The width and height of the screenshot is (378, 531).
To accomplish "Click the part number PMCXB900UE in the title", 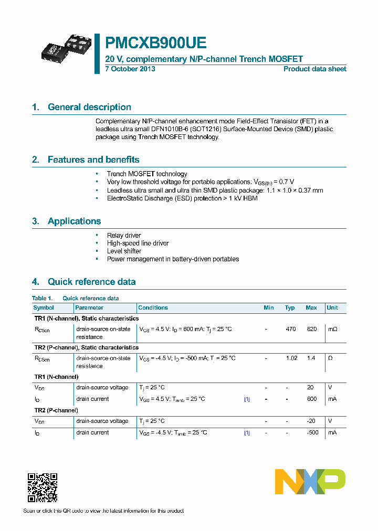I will click(156, 43).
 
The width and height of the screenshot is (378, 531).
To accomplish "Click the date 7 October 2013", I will click(130, 69).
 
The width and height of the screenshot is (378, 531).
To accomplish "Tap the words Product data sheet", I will click(314, 69).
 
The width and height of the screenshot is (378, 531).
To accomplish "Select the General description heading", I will click(89, 107).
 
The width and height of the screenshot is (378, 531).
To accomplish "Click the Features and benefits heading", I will click(93, 160).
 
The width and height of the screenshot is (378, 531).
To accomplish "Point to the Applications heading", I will click(74, 221).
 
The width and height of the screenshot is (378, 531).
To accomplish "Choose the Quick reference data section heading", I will click(91, 282).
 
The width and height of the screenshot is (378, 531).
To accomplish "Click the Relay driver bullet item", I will click(124, 236).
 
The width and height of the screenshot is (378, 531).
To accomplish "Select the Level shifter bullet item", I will click(124, 251).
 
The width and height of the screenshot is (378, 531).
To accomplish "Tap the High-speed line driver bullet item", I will click(138, 243).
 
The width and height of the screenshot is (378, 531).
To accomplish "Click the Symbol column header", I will click(44, 307).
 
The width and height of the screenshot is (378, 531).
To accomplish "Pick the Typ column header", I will click(290, 307).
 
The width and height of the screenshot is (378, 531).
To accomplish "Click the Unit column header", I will click(332, 307).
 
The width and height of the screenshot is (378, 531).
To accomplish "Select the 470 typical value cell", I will click(290, 329).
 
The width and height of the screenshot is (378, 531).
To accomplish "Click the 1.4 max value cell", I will click(311, 358).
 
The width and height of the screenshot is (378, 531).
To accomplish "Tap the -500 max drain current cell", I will click(311, 432).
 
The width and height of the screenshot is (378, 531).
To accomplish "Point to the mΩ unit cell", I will click(332, 329).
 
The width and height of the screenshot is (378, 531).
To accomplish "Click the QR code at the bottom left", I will click(42, 487).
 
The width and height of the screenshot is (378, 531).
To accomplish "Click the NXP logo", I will click(310, 482).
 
